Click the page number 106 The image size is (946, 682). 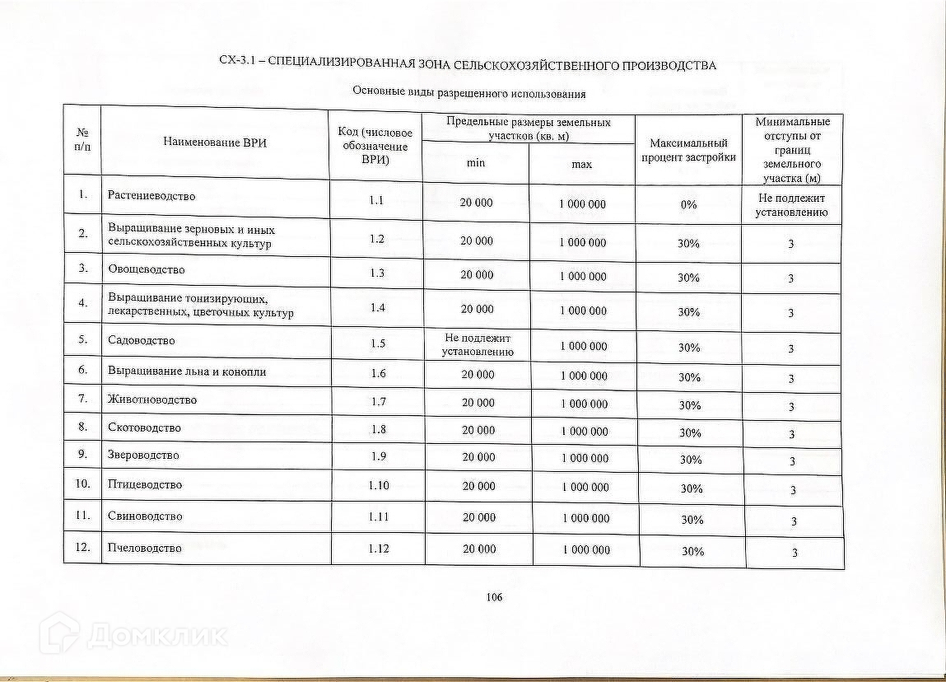tap(494, 597)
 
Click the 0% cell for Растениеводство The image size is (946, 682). tap(688, 204)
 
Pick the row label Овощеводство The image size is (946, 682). tap(147, 269)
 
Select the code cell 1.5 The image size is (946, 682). tap(378, 343)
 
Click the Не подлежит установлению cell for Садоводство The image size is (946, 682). tap(478, 345)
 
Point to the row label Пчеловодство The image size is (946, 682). tap(145, 548)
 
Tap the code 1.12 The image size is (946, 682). tap(379, 549)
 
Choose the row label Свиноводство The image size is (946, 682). tap(145, 516)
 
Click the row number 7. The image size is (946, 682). tap(83, 399)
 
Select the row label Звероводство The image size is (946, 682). tap(143, 455)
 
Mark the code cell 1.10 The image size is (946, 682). tap(379, 486)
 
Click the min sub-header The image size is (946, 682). tap(476, 163)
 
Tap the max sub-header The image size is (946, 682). tap(582, 165)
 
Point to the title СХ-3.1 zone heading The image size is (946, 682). tap(468, 65)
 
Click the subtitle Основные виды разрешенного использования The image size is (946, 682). tap(468, 92)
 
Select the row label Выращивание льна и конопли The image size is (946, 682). tap(187, 371)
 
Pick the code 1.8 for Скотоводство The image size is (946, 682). tap(378, 428)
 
